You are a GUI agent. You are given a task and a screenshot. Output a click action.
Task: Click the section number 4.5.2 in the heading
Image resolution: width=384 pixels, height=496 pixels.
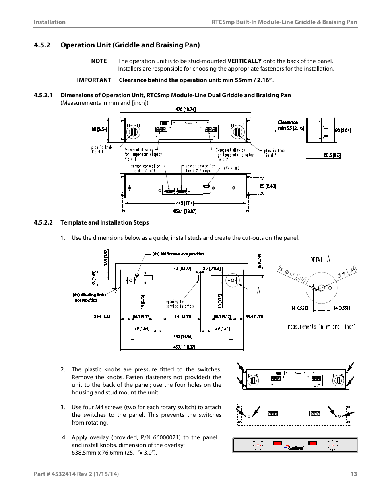tap(42, 45)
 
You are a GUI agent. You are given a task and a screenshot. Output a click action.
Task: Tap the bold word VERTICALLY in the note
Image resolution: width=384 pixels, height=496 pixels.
tap(244, 61)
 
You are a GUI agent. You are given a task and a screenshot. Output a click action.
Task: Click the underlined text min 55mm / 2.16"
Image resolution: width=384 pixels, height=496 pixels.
tap(247, 80)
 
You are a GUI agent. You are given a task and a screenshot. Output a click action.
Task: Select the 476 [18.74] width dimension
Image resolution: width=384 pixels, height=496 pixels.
tap(186, 110)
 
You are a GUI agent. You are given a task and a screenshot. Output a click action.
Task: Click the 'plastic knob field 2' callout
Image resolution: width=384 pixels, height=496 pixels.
tap(274, 153)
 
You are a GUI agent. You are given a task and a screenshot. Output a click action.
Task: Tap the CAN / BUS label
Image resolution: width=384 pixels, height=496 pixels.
tap(231, 168)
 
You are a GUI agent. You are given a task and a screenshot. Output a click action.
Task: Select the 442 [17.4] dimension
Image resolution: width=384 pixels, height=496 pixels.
tap(185, 203)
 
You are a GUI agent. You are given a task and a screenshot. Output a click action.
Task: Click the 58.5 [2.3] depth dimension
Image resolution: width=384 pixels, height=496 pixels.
tap(332, 155)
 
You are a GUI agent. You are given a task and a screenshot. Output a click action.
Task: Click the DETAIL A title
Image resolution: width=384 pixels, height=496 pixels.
tap(320, 260)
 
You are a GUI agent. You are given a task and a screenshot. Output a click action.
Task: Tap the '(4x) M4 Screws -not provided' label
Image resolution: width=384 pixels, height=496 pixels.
tap(178, 254)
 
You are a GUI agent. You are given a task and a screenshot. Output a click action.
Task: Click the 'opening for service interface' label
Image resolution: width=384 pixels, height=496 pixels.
tap(180, 304)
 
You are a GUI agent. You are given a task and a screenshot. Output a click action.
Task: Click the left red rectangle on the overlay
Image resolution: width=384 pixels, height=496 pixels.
tap(277, 443)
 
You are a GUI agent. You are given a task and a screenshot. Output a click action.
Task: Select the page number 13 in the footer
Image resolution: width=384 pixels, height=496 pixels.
tap(353, 474)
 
